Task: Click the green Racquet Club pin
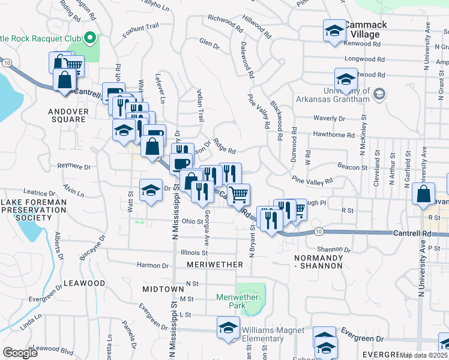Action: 91,39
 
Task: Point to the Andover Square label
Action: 68,115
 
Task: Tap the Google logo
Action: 20,353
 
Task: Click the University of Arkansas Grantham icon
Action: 379,94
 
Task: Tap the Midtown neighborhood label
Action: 163,289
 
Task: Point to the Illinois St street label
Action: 194,253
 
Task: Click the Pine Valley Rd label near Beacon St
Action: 312,180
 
